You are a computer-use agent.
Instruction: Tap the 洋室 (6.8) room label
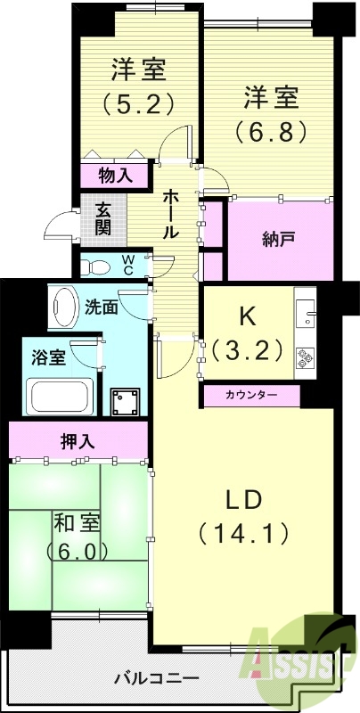coord(272,113)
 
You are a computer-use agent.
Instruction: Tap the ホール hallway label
coord(170,214)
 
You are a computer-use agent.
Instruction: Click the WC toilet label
coord(127,265)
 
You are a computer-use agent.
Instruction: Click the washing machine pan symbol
coord(125,403)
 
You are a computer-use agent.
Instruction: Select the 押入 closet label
coord(78,441)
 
